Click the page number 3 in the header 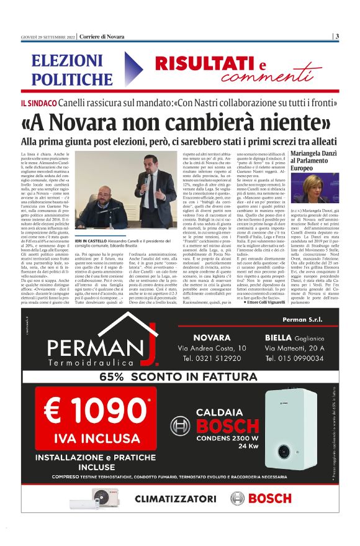point(336,36)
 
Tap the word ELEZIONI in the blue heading point(68,61)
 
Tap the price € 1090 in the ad point(88,411)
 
